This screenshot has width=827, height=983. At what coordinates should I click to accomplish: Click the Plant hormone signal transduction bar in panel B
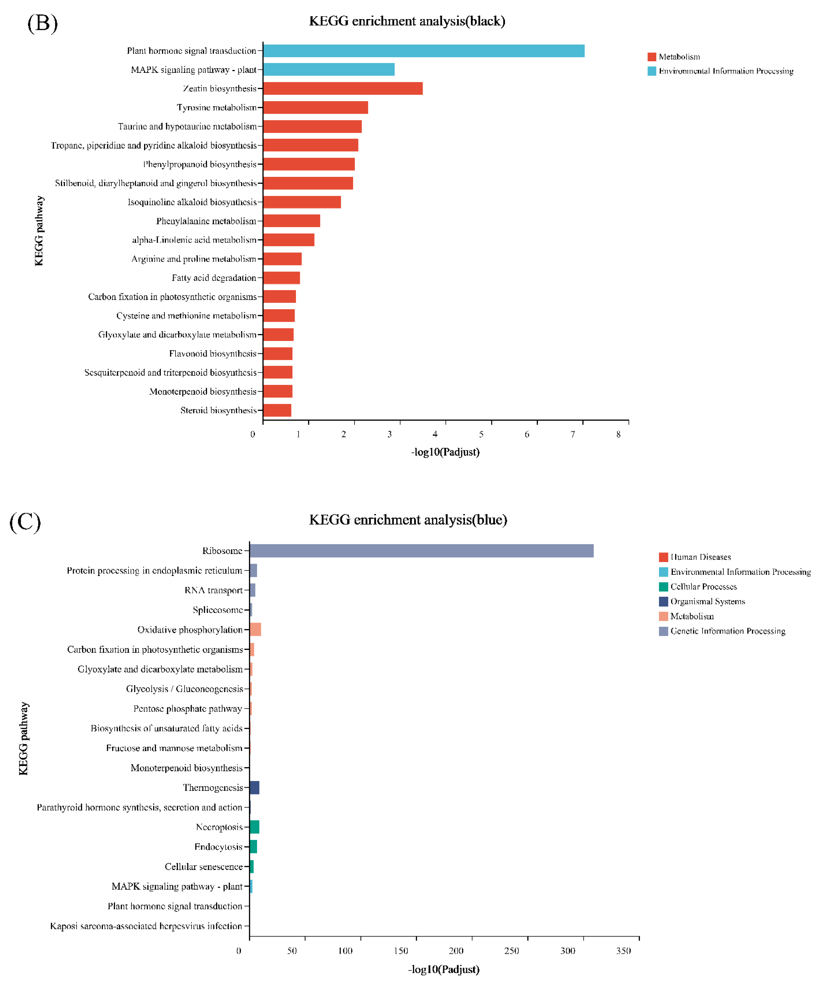point(423,51)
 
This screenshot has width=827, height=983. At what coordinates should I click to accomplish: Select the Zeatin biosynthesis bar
point(343,89)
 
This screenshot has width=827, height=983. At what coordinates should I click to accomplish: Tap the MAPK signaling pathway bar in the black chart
point(329,69)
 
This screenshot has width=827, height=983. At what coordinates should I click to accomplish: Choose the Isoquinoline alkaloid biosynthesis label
point(192,202)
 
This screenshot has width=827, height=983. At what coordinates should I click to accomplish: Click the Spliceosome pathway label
point(218,610)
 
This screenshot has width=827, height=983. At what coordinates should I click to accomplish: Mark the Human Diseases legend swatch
point(663,557)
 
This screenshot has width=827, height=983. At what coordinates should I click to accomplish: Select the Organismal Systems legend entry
point(707,602)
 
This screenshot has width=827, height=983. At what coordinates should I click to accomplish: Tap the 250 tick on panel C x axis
point(512,951)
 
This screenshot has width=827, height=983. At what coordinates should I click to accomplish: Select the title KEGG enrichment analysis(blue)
point(408,520)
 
